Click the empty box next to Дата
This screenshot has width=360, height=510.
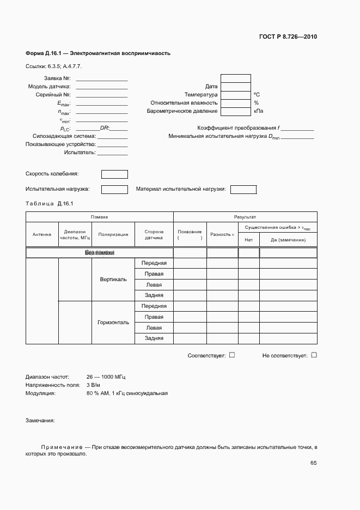235,87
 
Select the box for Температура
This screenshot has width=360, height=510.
235,95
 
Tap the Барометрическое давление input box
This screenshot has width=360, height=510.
235,111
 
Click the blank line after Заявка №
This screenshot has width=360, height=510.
102,78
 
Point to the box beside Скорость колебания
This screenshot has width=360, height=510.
114,174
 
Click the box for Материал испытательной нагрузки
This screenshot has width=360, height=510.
243,190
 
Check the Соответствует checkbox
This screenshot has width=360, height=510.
232,355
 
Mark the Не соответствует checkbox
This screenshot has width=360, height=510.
314,355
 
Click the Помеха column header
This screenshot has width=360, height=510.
99,217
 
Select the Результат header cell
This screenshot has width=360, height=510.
245,217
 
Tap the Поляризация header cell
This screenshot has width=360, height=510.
113,235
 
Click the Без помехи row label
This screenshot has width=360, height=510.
99,253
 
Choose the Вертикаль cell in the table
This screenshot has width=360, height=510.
113,280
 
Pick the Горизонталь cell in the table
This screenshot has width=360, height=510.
113,323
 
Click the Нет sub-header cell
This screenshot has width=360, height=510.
249,240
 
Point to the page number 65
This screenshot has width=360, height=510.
313,463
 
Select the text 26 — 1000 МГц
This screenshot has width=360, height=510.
106,377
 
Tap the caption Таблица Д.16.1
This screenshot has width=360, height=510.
49,203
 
